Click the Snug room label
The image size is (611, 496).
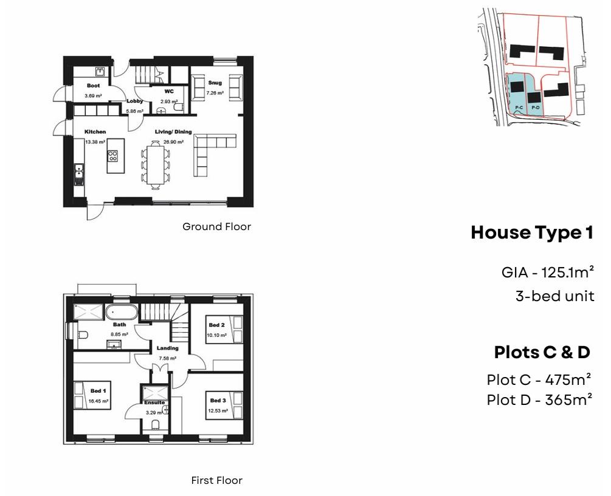coord(215,83)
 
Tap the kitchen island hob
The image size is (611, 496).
coord(112,156)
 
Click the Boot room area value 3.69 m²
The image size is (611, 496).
coord(93,96)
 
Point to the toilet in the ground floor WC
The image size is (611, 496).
coord(178,107)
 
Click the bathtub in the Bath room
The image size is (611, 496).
coord(122,312)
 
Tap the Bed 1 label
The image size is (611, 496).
coord(98,391)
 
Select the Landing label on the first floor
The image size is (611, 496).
coord(168,348)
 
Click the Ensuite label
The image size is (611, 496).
coord(154,403)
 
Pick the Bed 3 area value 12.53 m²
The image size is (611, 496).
coord(218,411)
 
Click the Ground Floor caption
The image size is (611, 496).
coord(216,227)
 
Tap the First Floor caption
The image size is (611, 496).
coord(216,480)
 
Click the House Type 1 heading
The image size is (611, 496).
coord(532,233)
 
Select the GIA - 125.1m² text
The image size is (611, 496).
coord(548,273)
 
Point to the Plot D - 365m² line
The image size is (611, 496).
coord(539,400)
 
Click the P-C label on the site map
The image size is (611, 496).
coord(519,107)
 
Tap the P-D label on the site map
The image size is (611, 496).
coord(536,107)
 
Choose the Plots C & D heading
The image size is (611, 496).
coord(542,353)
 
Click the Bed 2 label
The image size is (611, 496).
coord(216,325)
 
